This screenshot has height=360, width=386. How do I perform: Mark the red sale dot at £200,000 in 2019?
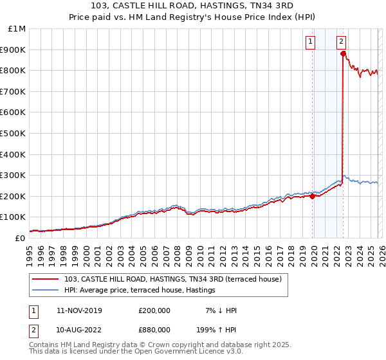coord(313,196)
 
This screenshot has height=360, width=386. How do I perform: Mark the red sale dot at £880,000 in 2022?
coord(344,54)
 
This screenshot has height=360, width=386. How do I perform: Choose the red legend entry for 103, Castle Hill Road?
coord(172,279)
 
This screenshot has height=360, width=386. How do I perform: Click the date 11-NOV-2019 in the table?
coord(79,310)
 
